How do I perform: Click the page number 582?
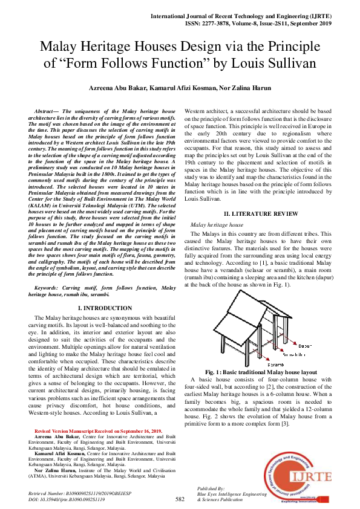[x=180, y=499]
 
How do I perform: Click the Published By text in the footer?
[x=211, y=488]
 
